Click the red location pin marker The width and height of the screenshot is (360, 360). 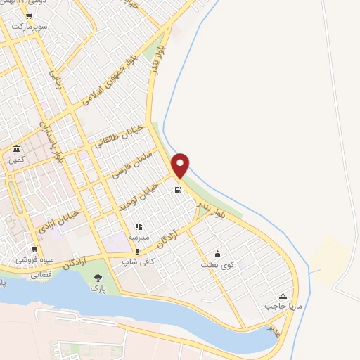[181, 164]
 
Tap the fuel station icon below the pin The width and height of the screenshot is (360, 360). [178, 189]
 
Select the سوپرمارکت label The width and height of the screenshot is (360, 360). [28, 26]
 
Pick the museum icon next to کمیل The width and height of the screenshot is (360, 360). [16, 149]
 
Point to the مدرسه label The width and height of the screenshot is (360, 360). [139, 238]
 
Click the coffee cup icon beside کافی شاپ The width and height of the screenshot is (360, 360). [139, 250]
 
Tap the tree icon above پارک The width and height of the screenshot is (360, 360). [98, 278]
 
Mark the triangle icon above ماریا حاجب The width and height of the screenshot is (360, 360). [283, 296]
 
